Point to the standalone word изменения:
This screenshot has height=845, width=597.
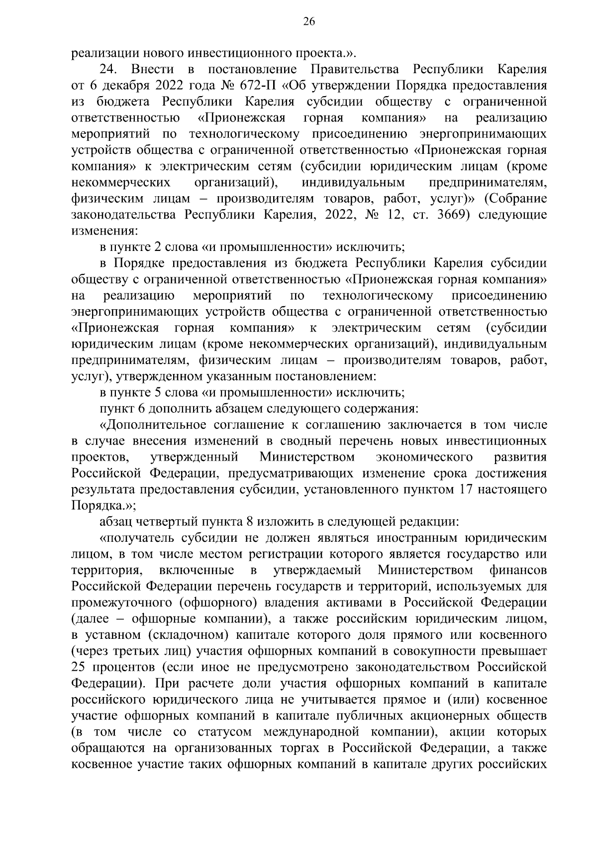point(103,231)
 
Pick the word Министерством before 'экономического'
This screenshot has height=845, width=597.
point(307,457)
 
